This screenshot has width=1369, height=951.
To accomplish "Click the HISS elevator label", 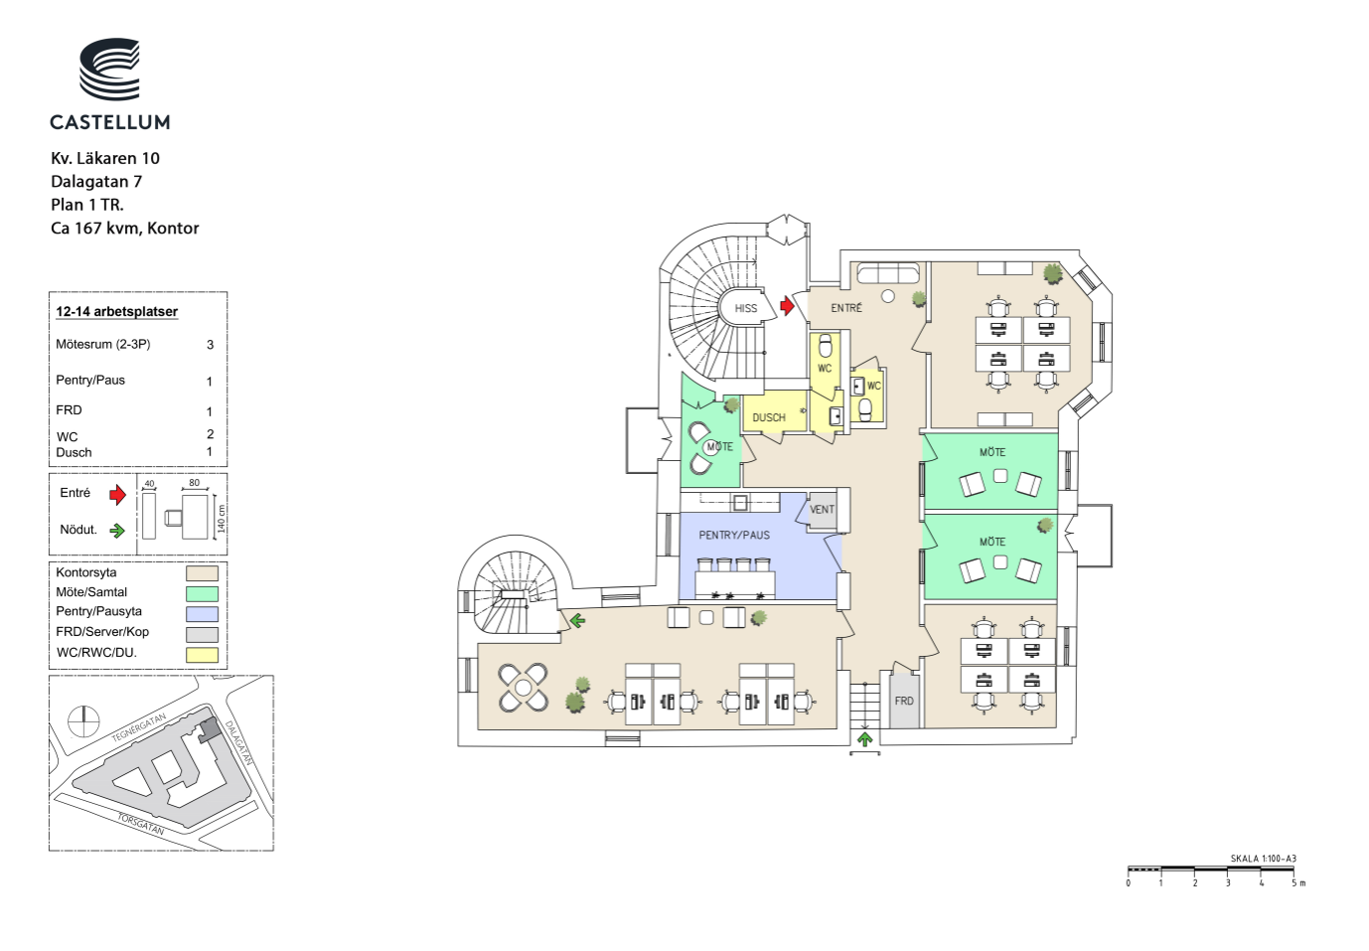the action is [x=746, y=309].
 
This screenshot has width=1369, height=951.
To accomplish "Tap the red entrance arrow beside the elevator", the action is [x=787, y=305].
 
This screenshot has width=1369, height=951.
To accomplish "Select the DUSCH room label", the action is [x=769, y=417].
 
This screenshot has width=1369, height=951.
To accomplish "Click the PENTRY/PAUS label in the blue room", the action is [x=734, y=535].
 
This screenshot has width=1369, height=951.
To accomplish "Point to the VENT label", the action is [x=822, y=509].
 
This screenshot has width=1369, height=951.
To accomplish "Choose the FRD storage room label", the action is [x=904, y=701].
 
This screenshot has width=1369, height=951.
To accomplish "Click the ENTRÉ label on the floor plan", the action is [x=846, y=308].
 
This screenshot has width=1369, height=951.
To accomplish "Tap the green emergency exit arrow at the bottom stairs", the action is [x=864, y=739].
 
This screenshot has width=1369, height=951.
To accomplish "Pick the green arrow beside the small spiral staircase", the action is [x=577, y=621].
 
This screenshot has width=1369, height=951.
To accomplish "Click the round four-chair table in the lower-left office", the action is [x=523, y=689].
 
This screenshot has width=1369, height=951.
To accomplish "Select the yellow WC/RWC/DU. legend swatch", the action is [x=202, y=655].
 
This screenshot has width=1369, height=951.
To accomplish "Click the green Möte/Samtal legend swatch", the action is [x=202, y=593].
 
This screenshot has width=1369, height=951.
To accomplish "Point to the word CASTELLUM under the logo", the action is [x=110, y=122].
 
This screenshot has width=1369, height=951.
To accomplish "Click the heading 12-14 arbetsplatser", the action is [x=116, y=311].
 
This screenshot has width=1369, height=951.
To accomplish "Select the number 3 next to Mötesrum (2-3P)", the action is [x=211, y=345].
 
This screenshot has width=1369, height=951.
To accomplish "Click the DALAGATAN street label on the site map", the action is [x=239, y=742].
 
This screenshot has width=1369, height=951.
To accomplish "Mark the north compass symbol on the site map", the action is [x=83, y=721].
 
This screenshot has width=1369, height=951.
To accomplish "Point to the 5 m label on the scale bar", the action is [x=1298, y=883].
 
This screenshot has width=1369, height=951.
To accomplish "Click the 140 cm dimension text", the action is [x=222, y=519].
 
